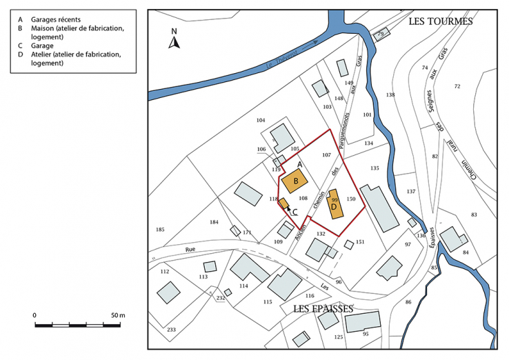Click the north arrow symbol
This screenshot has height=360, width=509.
tap(174, 40)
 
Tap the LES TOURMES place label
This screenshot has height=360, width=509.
tap(440, 21)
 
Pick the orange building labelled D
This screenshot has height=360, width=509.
tap(335, 205)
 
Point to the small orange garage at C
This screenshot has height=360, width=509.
tap(283, 203)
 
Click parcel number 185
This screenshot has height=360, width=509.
tap(160, 230)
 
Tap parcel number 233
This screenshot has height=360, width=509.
tap(171, 330)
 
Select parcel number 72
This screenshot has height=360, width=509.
tap(457, 86)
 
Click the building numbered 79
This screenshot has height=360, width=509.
tap(380, 34)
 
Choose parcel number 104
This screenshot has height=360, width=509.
tap(260, 121)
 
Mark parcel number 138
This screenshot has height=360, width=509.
tap(390, 94)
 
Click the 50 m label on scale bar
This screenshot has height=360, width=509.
tap(117, 315)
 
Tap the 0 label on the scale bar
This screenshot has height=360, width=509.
tap(35, 315)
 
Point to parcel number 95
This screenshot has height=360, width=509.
tap(366, 334)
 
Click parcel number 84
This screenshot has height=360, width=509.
tap(466, 252)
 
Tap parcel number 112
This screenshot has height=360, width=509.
tap(164, 272)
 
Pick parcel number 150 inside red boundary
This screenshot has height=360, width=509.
tap(350, 199)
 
